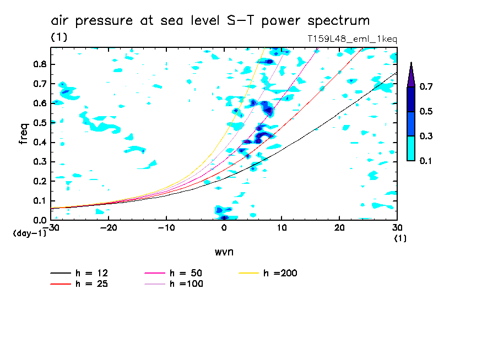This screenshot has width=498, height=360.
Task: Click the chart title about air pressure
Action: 210,21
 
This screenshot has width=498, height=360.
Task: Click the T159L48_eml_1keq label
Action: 351,39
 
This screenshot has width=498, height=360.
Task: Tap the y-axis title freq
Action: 24,133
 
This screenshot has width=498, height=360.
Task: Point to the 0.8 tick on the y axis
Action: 39,64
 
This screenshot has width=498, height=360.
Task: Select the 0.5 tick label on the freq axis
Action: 39,123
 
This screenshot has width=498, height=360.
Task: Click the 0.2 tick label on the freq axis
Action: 39,182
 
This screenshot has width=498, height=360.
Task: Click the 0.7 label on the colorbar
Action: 426,86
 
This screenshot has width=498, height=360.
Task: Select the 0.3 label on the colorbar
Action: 426,136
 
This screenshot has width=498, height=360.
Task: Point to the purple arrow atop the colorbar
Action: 410,74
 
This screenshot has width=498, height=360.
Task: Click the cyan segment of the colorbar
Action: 410,148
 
